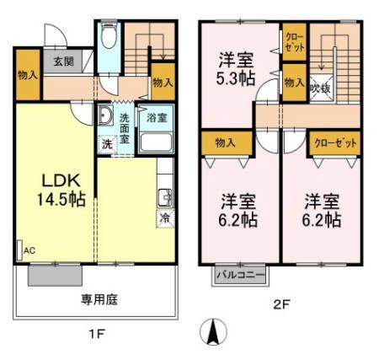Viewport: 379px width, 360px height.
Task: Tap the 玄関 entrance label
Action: [x=62, y=61]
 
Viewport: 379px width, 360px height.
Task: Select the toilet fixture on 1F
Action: [x=109, y=38]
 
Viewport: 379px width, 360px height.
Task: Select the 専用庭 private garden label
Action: [x=98, y=298]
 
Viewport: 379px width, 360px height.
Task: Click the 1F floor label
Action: [x=96, y=333]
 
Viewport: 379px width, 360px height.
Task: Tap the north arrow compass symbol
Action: [x=213, y=331]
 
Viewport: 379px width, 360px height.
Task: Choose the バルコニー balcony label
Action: [x=239, y=274]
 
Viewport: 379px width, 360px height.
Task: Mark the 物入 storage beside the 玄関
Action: [x=27, y=74]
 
